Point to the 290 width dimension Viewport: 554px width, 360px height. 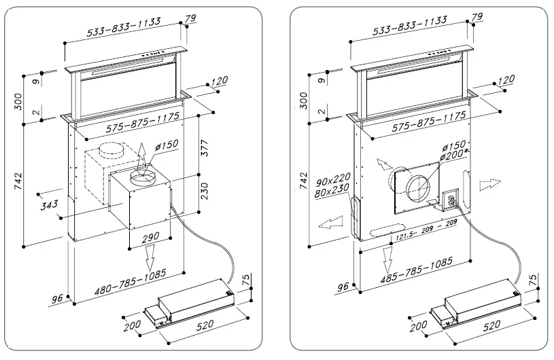click(150, 237)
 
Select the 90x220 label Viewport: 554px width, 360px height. click(331, 182)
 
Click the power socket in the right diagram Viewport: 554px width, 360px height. click(449, 200)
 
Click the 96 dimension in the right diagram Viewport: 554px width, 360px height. click(343, 287)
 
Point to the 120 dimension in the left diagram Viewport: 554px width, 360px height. click(219, 82)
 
